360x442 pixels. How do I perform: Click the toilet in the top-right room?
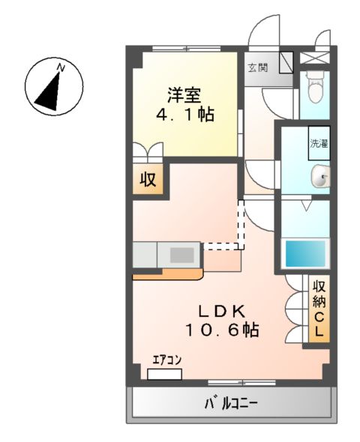[x=313, y=88]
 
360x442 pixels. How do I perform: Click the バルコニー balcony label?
[x=232, y=405]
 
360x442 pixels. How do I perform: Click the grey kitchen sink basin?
[x=182, y=255]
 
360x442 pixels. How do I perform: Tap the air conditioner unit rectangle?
[x=164, y=372]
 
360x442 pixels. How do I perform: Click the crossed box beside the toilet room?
[x=313, y=57]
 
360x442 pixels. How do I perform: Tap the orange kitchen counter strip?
[x=166, y=274]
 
